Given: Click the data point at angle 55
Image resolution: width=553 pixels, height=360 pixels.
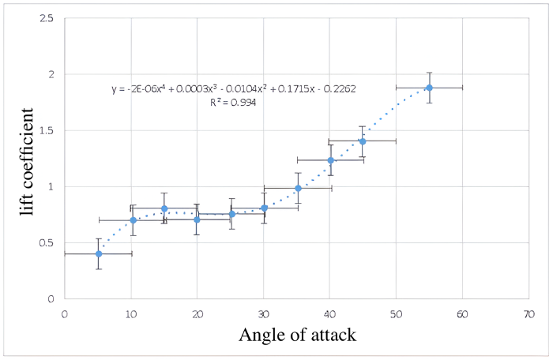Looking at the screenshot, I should point(429,88).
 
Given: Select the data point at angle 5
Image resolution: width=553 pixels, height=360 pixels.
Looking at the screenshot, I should point(99,253).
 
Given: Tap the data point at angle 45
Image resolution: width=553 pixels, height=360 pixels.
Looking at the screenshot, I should point(363,141).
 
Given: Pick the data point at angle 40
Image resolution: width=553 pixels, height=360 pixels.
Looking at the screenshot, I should point(331,160).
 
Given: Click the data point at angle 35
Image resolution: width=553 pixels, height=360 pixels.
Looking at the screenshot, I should point(298,188).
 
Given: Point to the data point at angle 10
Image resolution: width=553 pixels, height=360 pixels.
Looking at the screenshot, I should point(133,220).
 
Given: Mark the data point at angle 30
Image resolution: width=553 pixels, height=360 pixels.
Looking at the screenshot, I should point(264,208).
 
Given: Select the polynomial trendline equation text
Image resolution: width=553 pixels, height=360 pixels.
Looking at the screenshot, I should point(233,89).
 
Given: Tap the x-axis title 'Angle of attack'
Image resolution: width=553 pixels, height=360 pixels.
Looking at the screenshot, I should point(297,336).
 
